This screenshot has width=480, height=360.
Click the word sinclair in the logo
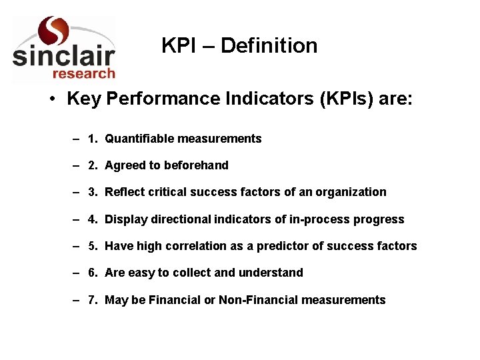pos(63,55)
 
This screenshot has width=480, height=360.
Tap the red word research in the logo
pos(83,73)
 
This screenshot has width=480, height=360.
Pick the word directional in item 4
pos(179,219)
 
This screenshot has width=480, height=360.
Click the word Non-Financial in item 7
pos(259,300)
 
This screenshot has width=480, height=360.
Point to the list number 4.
pos(92,219)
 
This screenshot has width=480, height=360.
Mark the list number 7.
pos(92,300)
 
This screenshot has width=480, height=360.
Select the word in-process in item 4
pos(315,219)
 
